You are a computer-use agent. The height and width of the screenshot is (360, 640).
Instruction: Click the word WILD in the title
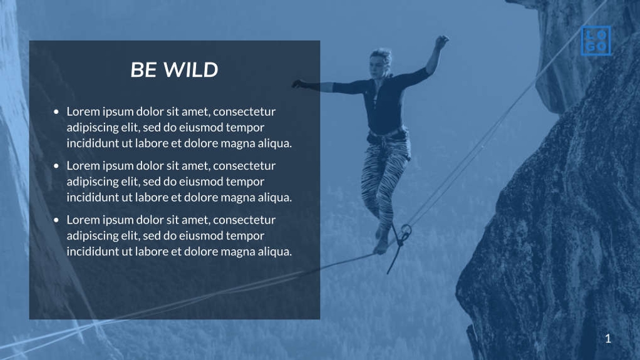(x=190, y=70)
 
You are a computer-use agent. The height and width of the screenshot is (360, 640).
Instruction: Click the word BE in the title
(x=143, y=70)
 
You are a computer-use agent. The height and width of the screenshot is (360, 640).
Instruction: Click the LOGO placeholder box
(x=596, y=41)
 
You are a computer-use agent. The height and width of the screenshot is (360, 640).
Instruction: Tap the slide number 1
(x=607, y=339)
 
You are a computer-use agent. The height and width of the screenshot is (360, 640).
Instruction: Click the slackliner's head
(x=379, y=61)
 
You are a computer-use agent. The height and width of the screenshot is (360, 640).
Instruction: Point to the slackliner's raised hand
(x=442, y=41)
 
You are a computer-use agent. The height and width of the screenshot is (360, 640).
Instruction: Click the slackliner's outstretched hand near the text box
(x=298, y=83)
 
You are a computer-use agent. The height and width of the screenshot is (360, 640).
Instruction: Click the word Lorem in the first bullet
(x=83, y=111)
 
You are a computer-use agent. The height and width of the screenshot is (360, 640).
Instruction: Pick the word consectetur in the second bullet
(x=245, y=165)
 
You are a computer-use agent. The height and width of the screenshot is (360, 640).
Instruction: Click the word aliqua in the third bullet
(x=274, y=252)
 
